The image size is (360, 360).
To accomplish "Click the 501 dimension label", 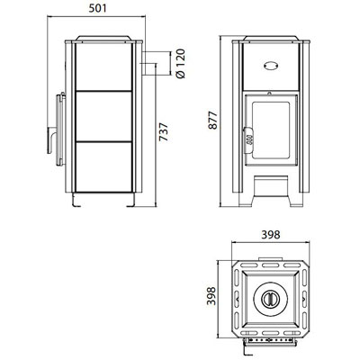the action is [x=98, y=8].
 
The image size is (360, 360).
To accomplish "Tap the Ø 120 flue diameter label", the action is [x=181, y=63].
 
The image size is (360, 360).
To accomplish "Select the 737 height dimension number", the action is [x=164, y=131].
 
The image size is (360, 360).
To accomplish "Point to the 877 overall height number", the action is [x=212, y=120].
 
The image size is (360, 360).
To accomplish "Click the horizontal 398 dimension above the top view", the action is [x=271, y=235].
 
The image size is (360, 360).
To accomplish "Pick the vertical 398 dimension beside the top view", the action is [x=211, y=296].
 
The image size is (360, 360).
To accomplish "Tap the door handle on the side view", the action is [x=51, y=140].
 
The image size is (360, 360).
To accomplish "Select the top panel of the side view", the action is [x=103, y=67].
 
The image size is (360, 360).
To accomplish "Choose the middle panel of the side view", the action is [x=103, y=115].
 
